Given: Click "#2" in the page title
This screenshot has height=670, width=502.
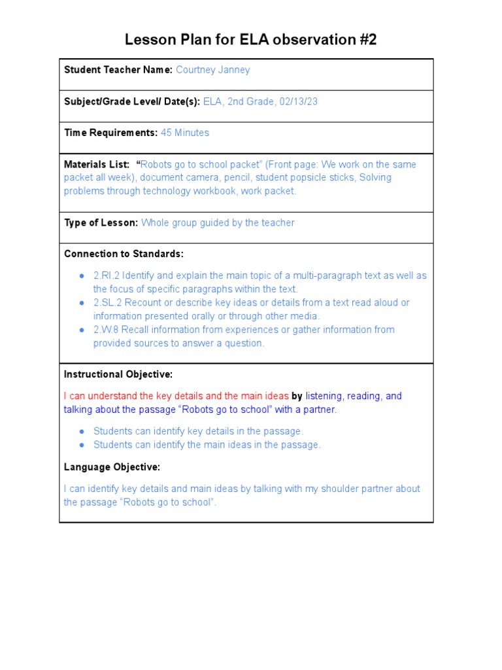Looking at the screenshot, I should click(367, 40).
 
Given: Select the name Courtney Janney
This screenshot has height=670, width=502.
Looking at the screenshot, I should click(212, 70).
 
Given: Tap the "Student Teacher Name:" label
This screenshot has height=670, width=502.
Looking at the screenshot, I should click(118, 70).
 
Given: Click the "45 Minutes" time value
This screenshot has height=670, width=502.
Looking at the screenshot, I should click(185, 133).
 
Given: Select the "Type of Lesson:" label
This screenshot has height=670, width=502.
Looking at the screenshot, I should click(101, 222).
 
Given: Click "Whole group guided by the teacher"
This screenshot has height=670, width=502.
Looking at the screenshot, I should click(218, 222).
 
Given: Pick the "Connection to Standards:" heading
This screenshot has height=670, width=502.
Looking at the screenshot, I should click(124, 254).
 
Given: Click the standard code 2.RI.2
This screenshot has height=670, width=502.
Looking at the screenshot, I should click(106, 275).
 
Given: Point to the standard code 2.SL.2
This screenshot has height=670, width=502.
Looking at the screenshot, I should click(107, 303).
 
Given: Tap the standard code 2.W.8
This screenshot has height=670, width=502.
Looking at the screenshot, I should click(106, 330).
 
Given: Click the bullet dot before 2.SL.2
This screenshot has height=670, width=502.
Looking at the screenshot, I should click(81, 303).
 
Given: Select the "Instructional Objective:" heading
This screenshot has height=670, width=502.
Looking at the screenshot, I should click(118, 374).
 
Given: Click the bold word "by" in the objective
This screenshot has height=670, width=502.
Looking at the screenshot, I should click(297, 396).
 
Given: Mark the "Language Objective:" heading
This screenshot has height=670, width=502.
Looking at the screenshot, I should click(112, 467).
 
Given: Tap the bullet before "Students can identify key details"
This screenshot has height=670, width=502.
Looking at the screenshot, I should click(81, 431).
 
